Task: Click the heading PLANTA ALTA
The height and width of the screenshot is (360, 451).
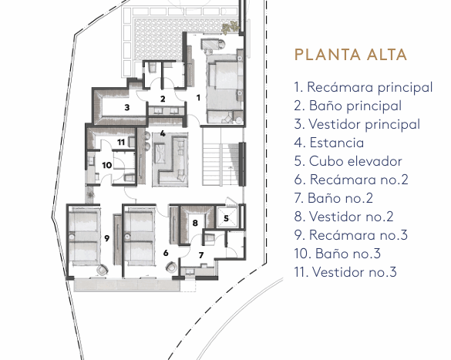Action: click(351, 55)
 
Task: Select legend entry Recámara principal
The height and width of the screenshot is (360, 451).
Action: click(363, 87)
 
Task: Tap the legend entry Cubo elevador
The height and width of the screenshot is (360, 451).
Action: click(348, 161)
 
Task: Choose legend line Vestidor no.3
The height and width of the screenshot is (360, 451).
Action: click(345, 272)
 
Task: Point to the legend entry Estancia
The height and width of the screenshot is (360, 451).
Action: click(329, 143)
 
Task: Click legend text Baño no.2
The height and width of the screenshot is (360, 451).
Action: click(334, 198)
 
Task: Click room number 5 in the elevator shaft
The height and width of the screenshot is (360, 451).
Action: click(226, 218)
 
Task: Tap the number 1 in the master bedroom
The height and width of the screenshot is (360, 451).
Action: click(198, 98)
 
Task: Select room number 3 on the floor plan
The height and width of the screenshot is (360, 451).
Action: click(127, 108)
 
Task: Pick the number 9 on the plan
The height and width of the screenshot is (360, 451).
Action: click(106, 238)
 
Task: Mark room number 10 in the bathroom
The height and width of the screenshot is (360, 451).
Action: click(107, 165)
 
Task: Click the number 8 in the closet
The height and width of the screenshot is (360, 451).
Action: click(195, 223)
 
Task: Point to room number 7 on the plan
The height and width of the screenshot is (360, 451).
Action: click(201, 255)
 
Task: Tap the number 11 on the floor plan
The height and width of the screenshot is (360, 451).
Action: click(121, 142)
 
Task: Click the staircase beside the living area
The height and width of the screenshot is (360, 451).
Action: click(220, 156)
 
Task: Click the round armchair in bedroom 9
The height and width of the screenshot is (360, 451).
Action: click(102, 271)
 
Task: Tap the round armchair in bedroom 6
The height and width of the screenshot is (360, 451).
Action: click(171, 267)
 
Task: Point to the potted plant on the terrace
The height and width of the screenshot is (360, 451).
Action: click(230, 28)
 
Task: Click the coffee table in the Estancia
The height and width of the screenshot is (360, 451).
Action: click(160, 153)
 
